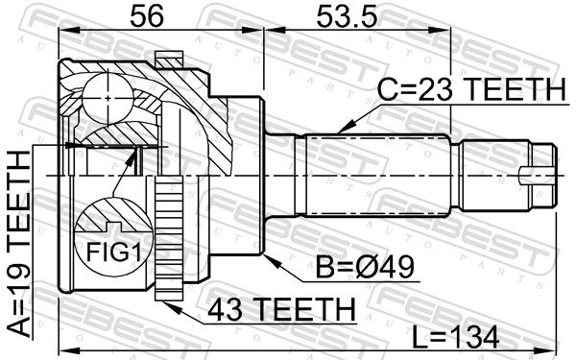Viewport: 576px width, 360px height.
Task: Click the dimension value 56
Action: (147, 15)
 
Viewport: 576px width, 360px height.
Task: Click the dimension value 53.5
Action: (348, 15)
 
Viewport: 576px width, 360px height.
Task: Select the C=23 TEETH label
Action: (471, 89)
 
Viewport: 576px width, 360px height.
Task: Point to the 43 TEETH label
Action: (281, 309)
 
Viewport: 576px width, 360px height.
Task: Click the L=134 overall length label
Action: (455, 337)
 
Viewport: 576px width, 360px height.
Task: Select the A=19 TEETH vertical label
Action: (18, 243)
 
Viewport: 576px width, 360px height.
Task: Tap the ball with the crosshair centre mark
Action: (108, 98)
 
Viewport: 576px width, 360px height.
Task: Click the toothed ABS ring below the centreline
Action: (169, 238)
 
